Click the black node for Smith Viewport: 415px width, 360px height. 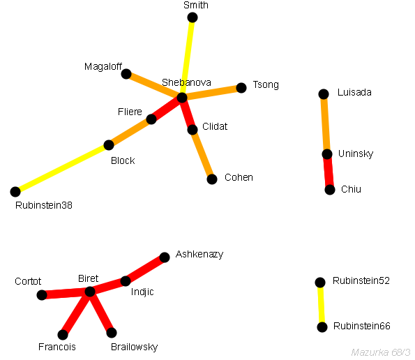(193, 17)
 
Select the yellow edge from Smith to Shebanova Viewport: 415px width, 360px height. (187, 58)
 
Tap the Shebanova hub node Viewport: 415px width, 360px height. (182, 98)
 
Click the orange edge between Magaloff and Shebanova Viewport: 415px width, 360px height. (154, 86)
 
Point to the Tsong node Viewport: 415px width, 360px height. (241, 88)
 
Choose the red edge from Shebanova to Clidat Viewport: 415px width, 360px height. (187, 114)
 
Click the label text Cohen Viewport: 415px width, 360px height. (239, 177)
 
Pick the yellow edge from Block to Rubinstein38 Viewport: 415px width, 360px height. (62, 168)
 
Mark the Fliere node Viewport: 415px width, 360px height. (151, 119)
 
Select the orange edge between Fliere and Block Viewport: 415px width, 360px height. (130, 132)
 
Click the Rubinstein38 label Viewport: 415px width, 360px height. (44, 205)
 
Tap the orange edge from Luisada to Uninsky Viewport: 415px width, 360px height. (325, 124)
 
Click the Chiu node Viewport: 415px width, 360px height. (330, 190)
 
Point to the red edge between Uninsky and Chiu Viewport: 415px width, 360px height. (329, 172)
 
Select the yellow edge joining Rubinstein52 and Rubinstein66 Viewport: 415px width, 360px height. (321, 305)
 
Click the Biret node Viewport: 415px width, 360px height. (90, 292)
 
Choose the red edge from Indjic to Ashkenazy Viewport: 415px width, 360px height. (145, 269)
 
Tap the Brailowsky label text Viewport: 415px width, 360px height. (134, 347)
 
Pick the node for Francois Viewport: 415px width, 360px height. (63, 335)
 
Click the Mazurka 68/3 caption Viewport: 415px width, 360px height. (381, 352)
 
